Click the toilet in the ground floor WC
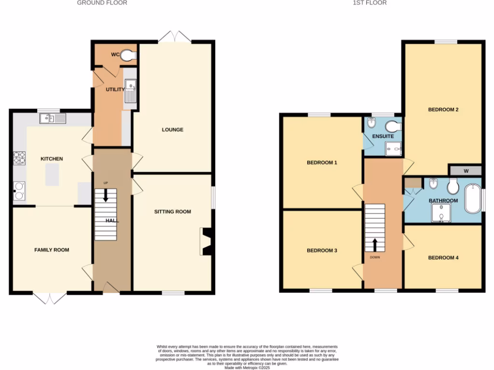click(x=128, y=55)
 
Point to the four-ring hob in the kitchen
click(x=19, y=158)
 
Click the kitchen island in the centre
click(x=52, y=174)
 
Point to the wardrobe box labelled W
click(x=466, y=171)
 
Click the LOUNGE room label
click(x=172, y=130)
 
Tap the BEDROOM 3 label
click(x=322, y=251)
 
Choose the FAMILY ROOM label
click(x=51, y=250)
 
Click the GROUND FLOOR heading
click(x=102, y=3)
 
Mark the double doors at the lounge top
click(x=174, y=38)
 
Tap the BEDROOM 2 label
click(x=443, y=109)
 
